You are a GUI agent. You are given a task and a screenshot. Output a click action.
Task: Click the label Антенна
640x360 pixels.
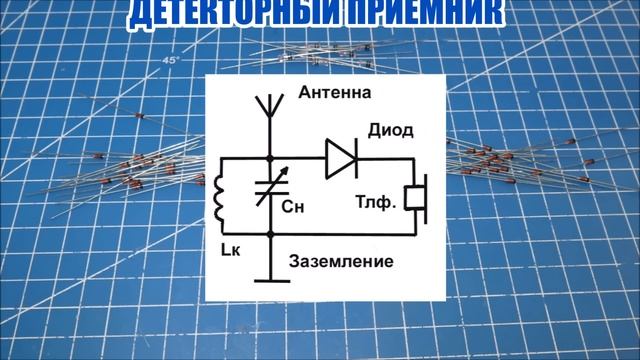pos(335,93)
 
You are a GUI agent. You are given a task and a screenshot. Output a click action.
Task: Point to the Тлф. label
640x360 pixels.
pos(376,201)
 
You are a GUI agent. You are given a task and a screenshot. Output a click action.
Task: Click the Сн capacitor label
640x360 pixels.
pos(293,209)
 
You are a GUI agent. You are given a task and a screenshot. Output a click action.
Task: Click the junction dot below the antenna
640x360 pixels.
pos(272,158)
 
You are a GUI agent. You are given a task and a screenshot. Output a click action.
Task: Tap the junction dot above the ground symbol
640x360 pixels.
pos(272,233)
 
